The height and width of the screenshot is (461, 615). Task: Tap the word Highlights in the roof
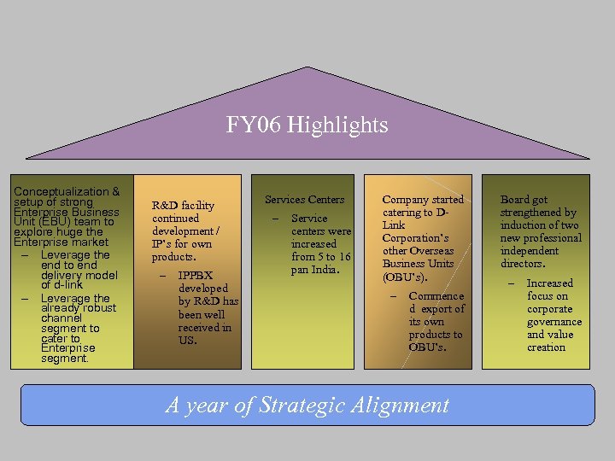[337, 126]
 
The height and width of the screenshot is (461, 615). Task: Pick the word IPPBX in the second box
[196, 276]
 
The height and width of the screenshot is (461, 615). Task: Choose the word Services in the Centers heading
[286, 200]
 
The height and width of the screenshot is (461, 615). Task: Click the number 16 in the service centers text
[343, 257]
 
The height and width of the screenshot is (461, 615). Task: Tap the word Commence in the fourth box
[436, 296]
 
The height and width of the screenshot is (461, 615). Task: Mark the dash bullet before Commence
[393, 296]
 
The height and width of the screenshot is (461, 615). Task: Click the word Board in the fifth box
[515, 200]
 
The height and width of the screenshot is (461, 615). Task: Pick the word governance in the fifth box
[553, 322]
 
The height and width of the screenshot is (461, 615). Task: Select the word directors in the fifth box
[522, 264]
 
